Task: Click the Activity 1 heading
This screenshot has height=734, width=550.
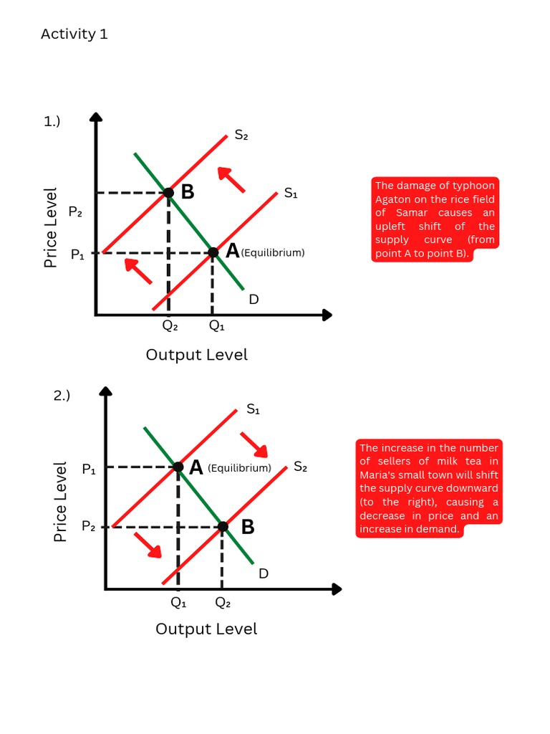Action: click(74, 34)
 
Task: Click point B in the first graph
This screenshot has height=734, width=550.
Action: click(168, 192)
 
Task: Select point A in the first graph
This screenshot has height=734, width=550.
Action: click(213, 252)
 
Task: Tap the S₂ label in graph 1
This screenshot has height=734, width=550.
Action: click(241, 135)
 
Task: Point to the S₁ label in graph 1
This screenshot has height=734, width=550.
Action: click(291, 193)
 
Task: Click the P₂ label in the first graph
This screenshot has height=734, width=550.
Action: click(75, 211)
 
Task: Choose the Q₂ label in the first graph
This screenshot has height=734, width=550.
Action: click(170, 325)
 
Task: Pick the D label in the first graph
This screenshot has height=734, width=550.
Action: click(254, 299)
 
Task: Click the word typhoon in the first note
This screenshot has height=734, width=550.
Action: click(473, 186)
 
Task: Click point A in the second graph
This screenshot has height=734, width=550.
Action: click(178, 467)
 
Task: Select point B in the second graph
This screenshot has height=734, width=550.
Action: click(223, 527)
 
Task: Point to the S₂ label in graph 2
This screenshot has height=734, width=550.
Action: click(300, 467)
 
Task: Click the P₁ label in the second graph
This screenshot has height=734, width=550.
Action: click(89, 470)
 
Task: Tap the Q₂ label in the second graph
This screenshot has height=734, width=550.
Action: click(223, 603)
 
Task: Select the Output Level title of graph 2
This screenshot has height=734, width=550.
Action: click(206, 629)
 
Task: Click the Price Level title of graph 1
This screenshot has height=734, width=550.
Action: click(50, 228)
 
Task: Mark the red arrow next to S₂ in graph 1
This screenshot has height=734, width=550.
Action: click(231, 179)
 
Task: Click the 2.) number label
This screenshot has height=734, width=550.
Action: click(62, 395)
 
